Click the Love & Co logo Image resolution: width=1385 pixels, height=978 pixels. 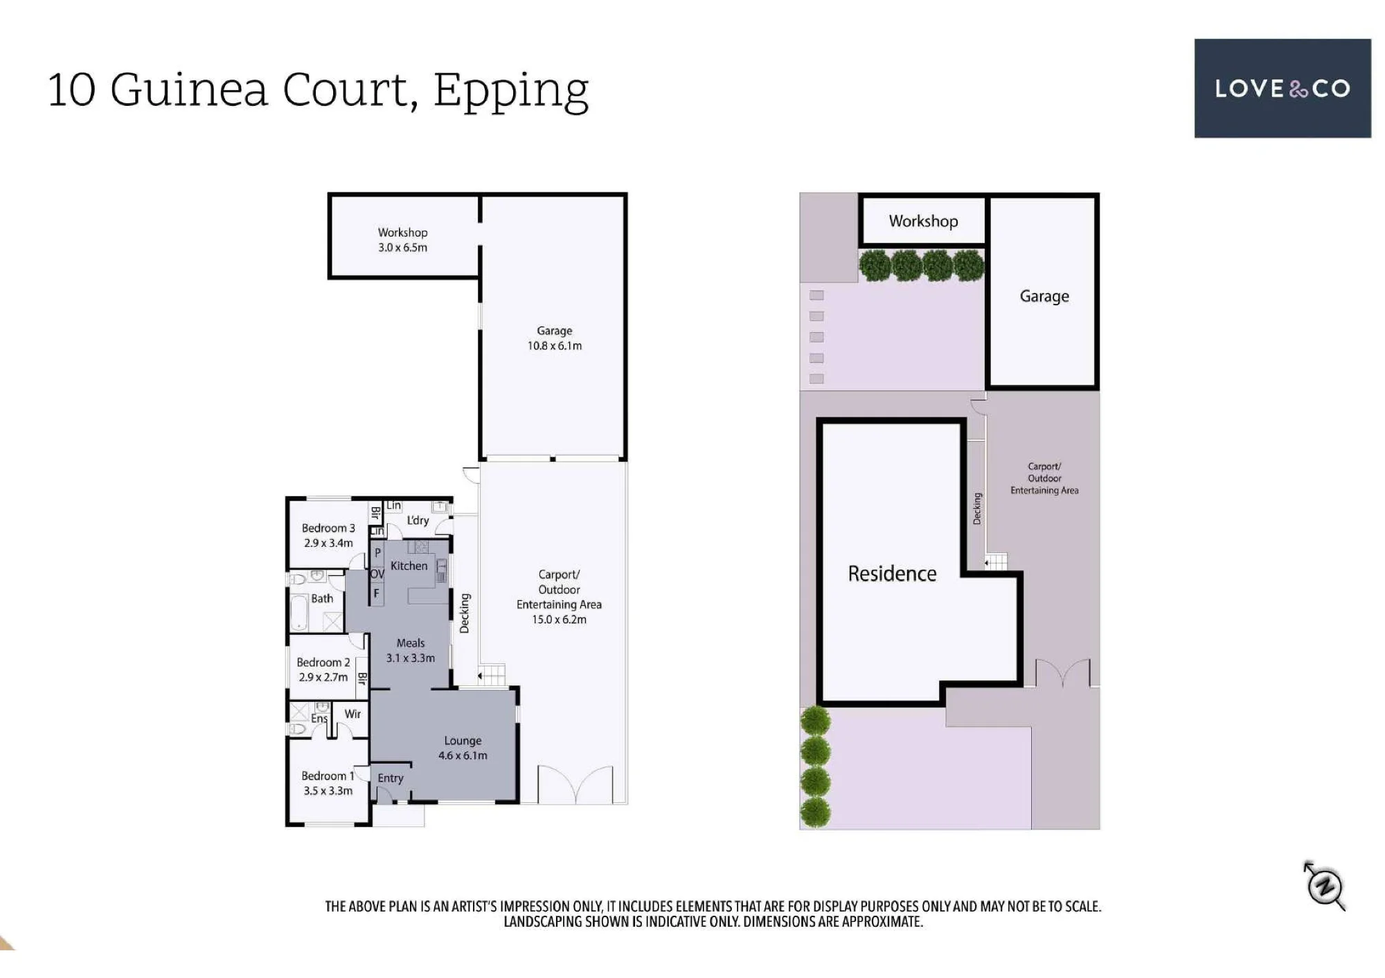(1283, 88)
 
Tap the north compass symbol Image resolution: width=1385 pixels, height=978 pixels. (1325, 886)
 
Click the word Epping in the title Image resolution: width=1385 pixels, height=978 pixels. (511, 92)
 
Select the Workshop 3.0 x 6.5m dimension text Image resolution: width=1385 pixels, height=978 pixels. (402, 247)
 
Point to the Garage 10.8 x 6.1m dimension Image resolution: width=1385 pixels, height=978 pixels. (555, 345)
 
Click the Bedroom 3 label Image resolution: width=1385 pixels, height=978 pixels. (328, 528)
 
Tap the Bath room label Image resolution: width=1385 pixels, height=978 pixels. (322, 598)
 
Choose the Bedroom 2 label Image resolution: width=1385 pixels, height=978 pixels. (323, 662)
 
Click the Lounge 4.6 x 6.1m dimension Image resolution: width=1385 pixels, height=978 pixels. (463, 755)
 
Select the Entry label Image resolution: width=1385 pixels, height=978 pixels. (391, 778)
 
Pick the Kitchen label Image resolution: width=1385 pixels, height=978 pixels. (409, 565)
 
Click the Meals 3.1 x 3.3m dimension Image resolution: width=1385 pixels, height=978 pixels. (411, 658)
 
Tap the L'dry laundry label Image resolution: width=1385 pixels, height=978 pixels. (418, 520)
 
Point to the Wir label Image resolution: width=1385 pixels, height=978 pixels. (352, 714)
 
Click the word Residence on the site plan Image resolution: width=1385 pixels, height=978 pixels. (892, 573)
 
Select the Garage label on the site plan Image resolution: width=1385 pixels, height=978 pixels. (1044, 296)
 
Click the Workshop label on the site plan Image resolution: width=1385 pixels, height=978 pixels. (924, 221)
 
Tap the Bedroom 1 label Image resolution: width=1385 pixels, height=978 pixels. (328, 776)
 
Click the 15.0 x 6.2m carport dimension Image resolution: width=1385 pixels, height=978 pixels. (559, 619)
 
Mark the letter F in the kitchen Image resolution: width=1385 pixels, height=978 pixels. (377, 593)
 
